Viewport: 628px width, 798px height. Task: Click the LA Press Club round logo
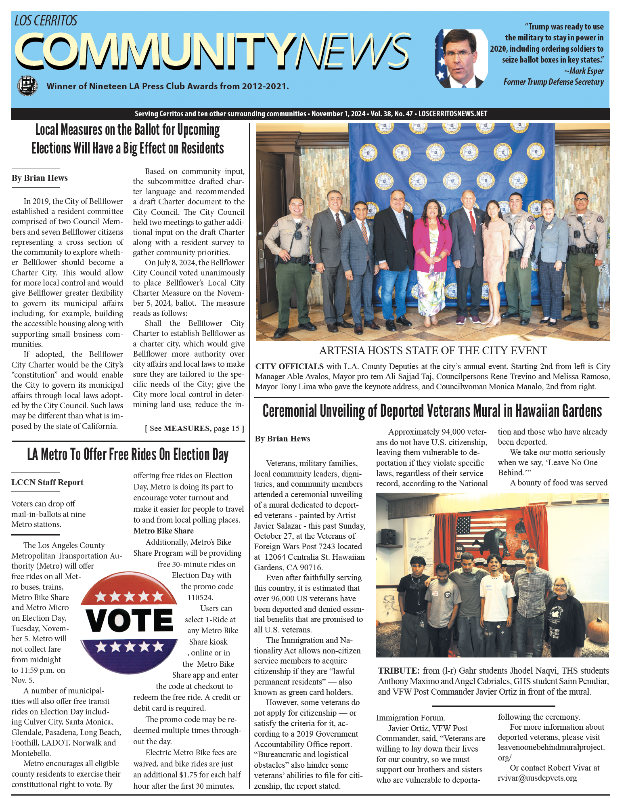click(27, 85)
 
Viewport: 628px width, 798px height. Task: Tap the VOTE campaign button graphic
click(129, 619)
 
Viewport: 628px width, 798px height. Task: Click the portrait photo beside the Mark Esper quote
click(461, 59)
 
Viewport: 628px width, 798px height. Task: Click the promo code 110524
click(201, 597)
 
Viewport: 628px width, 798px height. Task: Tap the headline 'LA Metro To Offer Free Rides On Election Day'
click(128, 455)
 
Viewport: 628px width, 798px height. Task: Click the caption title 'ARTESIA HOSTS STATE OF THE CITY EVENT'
click(433, 351)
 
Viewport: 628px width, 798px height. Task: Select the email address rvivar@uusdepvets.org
click(537, 778)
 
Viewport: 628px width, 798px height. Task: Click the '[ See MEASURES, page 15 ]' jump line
click(195, 428)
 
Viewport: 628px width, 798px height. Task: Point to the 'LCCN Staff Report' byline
click(47, 482)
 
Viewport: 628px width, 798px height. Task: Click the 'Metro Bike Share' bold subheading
click(163, 531)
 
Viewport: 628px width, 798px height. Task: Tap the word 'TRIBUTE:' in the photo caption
click(399, 671)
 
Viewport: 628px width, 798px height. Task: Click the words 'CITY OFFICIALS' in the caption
click(289, 366)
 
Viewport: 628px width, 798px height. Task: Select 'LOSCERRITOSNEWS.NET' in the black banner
click(452, 114)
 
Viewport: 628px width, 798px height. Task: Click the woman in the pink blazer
click(432, 246)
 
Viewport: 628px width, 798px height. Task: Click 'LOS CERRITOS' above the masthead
click(46, 20)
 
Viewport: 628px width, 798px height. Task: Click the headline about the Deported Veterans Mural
click(432, 411)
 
